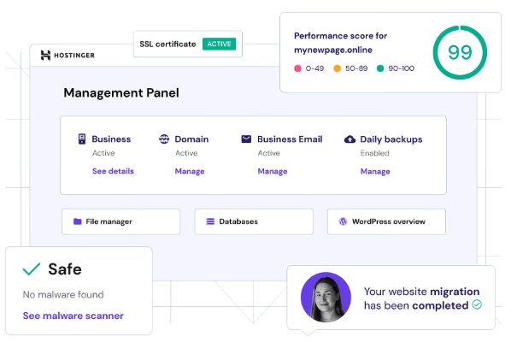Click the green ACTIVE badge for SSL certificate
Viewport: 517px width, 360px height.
(219, 44)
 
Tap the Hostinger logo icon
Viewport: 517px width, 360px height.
(45, 55)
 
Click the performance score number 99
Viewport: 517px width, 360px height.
(460, 52)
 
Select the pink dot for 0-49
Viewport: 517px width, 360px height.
(297, 68)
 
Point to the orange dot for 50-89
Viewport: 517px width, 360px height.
(337, 68)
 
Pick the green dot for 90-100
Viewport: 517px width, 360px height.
(380, 68)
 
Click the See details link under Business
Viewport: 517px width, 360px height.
(113, 171)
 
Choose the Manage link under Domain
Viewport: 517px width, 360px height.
(190, 171)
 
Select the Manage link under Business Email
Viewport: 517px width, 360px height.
(273, 171)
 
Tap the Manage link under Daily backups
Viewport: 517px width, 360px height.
(375, 171)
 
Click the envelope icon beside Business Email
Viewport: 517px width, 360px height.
(246, 139)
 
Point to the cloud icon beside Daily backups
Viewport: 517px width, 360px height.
(350, 139)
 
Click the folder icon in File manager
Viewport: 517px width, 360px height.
(78, 221)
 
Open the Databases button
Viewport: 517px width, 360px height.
(254, 221)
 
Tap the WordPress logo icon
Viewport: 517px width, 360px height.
(343, 221)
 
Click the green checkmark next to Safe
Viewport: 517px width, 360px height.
(32, 269)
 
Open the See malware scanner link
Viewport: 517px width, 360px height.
(73, 316)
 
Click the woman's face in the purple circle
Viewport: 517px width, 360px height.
(326, 296)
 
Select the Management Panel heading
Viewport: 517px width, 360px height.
(121, 92)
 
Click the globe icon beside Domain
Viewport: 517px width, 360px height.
(164, 139)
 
